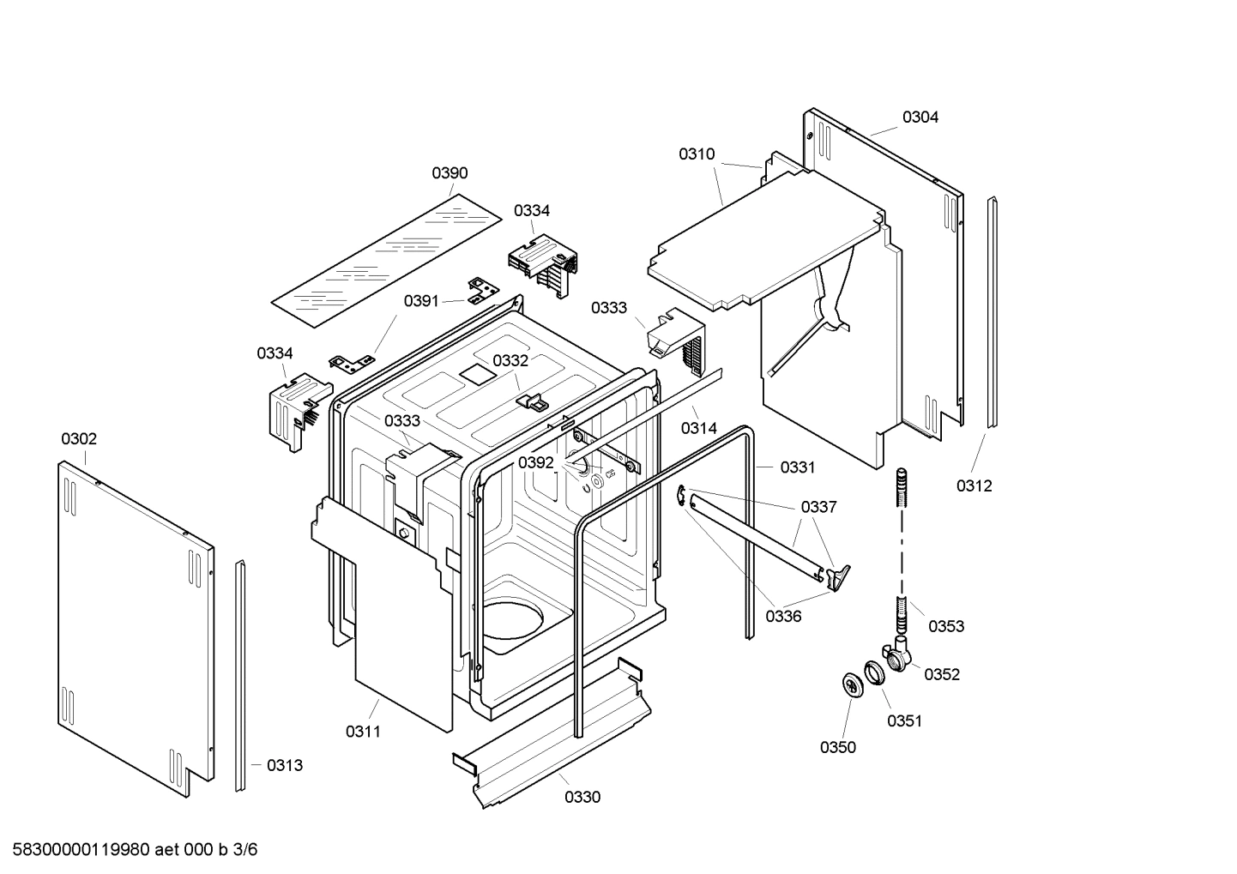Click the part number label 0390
450,173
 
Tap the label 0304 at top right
920,118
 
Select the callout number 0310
697,154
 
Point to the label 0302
79,439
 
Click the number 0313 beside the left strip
284,766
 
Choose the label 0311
363,732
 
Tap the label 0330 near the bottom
582,798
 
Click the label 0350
837,747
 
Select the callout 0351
904,720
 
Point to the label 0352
941,674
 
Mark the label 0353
946,626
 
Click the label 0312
975,486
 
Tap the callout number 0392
536,463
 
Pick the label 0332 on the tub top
510,361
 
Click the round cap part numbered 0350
852,684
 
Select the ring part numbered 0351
873,672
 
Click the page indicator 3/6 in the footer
245,850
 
